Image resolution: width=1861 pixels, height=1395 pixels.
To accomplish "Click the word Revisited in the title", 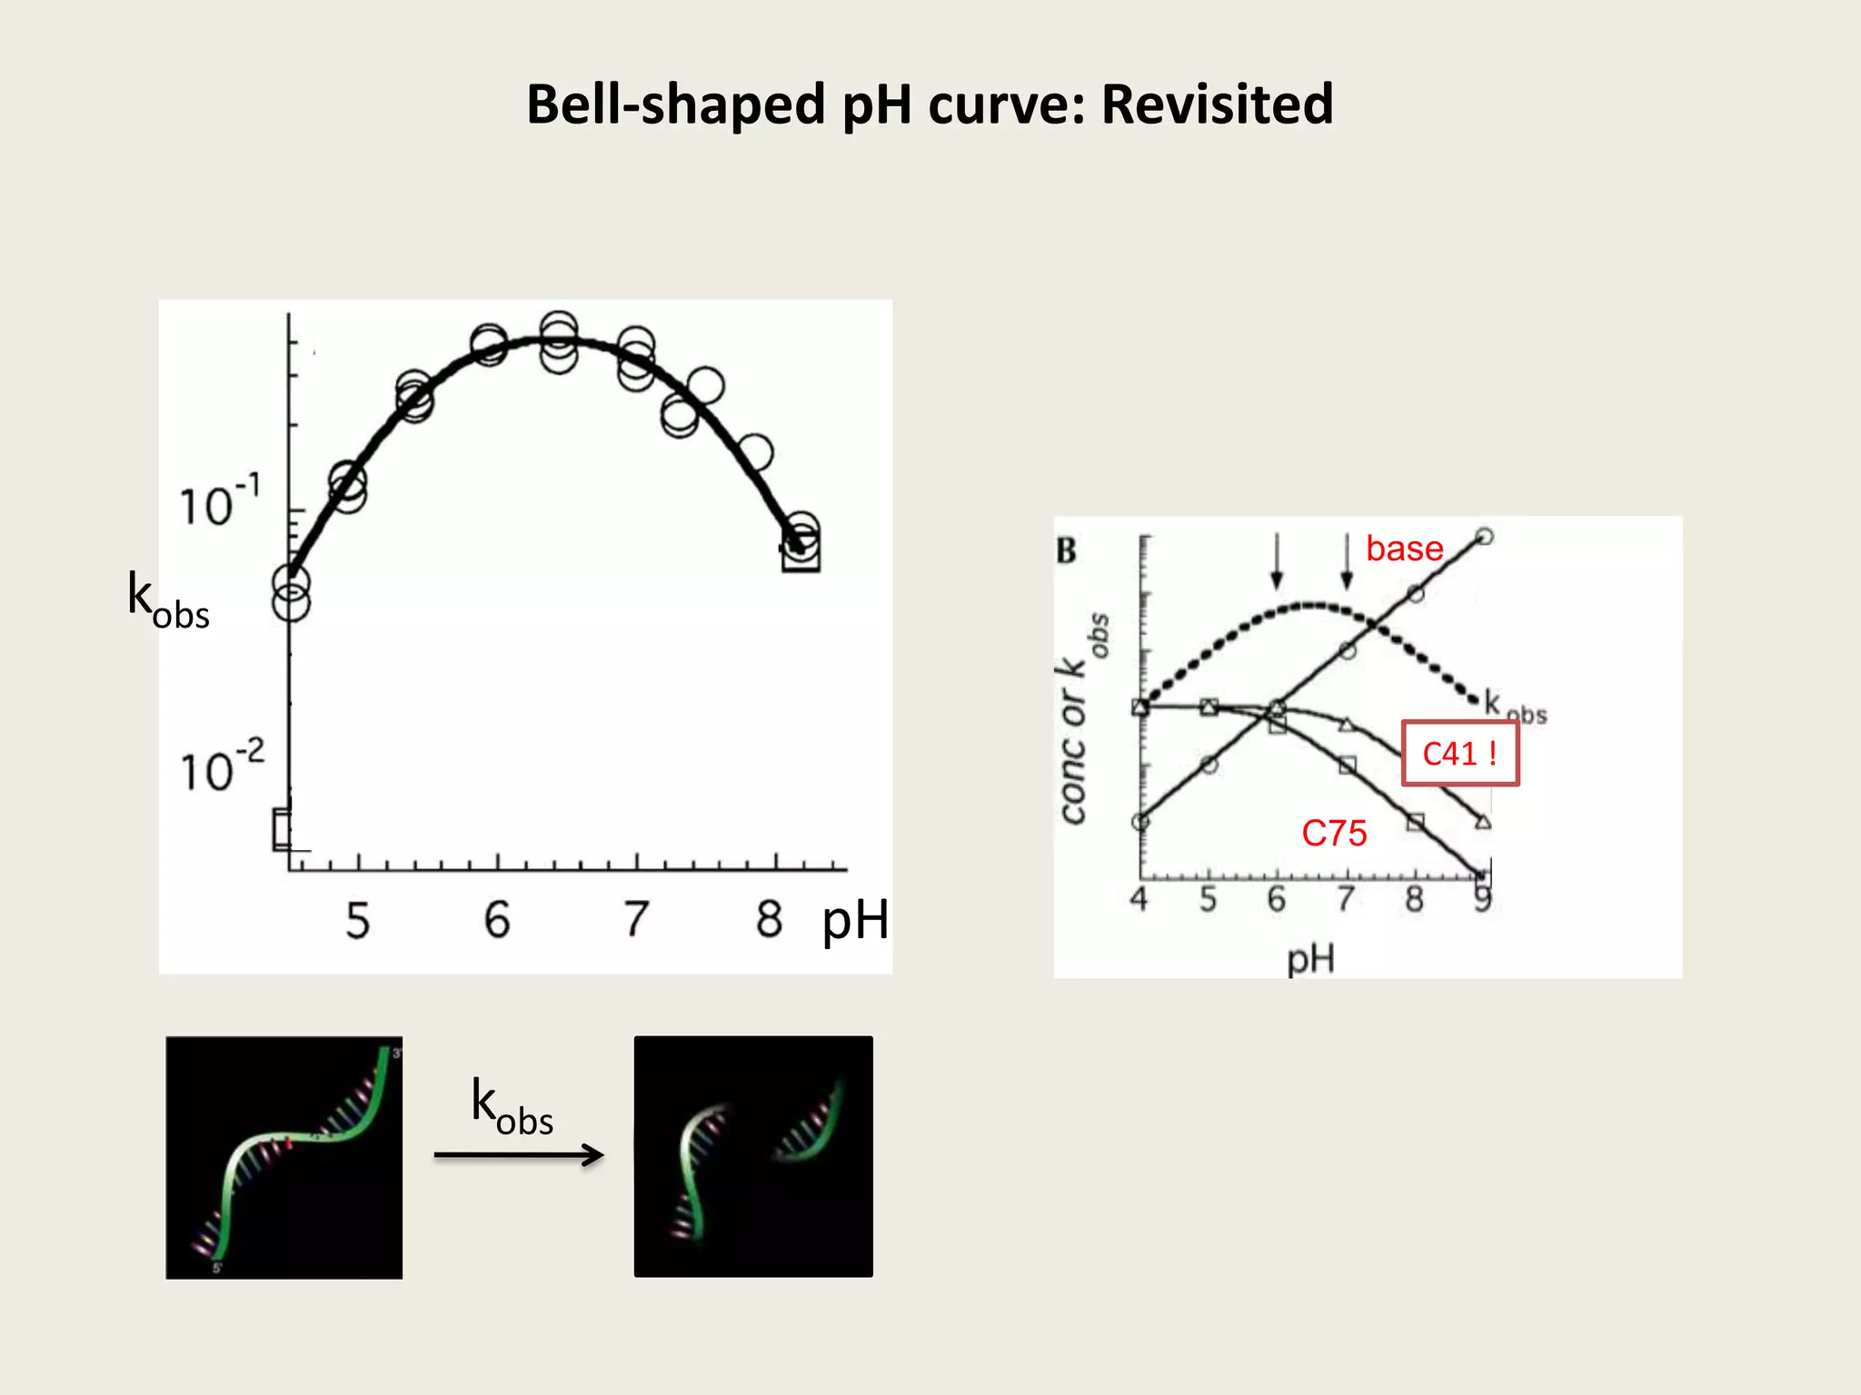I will [x=1217, y=104].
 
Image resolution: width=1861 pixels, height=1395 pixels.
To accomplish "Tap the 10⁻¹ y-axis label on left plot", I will [x=219, y=501].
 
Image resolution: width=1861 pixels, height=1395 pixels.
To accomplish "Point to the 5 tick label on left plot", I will [x=357, y=920].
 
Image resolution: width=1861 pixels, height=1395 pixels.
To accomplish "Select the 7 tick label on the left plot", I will [x=636, y=919].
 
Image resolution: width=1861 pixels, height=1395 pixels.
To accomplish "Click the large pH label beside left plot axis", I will [x=854, y=920].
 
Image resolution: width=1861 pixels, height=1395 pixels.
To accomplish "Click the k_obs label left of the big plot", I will [x=167, y=600].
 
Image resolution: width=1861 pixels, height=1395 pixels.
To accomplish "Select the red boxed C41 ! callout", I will [x=1459, y=753].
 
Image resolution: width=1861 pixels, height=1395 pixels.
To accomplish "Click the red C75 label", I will [x=1334, y=833].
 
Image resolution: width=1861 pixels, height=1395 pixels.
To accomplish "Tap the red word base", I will [x=1404, y=549].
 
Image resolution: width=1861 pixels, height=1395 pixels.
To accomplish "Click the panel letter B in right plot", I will [x=1066, y=550].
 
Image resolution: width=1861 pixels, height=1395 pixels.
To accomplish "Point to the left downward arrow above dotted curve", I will [x=1277, y=561].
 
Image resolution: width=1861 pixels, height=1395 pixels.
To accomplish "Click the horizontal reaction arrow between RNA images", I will [x=519, y=1154].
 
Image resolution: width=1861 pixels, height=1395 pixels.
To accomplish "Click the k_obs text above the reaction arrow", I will [x=512, y=1107].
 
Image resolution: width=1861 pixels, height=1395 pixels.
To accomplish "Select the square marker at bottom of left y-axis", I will [x=282, y=828].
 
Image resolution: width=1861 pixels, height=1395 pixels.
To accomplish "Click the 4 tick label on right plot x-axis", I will [x=1139, y=899].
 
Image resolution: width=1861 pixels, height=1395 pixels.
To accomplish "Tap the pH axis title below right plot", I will [x=1309, y=958].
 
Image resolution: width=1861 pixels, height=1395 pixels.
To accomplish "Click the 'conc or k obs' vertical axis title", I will [x=1081, y=717].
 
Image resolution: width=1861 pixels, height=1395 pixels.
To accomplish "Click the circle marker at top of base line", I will [x=1484, y=536].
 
